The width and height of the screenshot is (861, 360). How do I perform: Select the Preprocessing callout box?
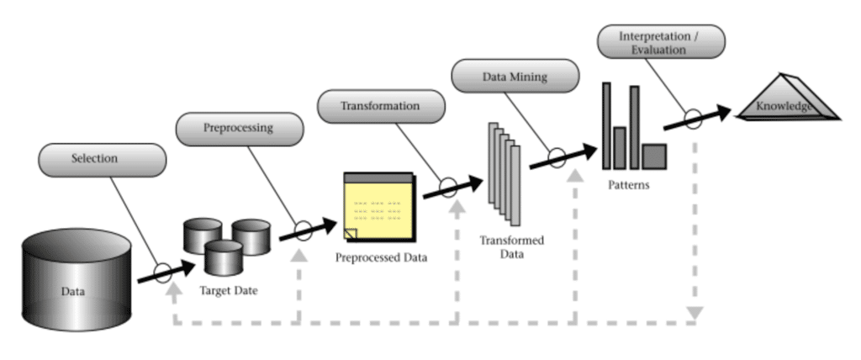coord(240,130)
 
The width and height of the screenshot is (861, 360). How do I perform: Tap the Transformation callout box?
coord(380,106)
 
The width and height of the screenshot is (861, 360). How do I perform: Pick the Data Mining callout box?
coord(515,77)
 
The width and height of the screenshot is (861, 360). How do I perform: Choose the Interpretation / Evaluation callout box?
coord(652,43)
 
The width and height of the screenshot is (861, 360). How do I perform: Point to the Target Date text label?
coord(228,290)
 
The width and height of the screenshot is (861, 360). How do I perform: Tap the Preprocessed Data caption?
coord(380,257)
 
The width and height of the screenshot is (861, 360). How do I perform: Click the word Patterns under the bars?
coord(628,184)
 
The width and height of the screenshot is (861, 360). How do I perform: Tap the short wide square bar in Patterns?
coord(654,156)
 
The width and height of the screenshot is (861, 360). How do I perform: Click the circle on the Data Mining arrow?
coord(557,156)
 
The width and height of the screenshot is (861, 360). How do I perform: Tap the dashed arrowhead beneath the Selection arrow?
coord(174,290)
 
